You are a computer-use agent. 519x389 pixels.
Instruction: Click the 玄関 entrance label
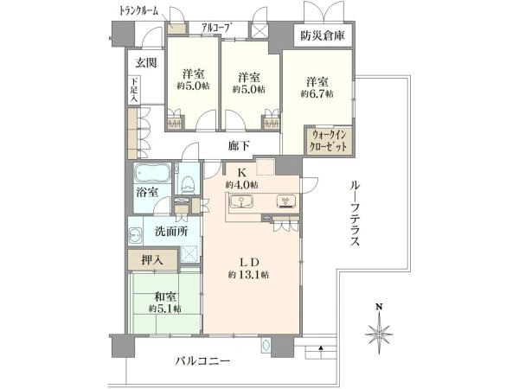coord(146,62)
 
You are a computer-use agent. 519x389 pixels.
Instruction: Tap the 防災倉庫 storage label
coord(323,35)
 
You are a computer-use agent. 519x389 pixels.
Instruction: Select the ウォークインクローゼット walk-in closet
coord(329,140)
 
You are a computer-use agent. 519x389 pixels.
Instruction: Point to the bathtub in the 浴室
coord(152,173)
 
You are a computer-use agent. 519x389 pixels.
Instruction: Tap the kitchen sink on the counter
coord(241,201)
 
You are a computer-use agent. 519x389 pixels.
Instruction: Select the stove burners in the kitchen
coord(286,201)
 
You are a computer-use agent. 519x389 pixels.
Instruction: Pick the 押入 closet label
coord(152,260)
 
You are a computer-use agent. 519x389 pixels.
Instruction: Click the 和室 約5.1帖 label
coord(164,303)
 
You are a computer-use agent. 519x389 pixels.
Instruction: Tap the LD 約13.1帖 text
coord(248,268)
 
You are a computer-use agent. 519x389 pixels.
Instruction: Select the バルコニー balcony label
coord(202,360)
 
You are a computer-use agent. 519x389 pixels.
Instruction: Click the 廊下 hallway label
coord(239,145)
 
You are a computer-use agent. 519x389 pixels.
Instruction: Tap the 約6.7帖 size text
coord(317,94)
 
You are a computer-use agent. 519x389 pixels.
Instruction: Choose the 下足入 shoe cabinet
coord(134,90)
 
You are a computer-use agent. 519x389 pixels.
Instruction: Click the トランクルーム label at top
coord(139,11)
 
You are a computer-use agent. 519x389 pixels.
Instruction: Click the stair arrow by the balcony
coord(320,352)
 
